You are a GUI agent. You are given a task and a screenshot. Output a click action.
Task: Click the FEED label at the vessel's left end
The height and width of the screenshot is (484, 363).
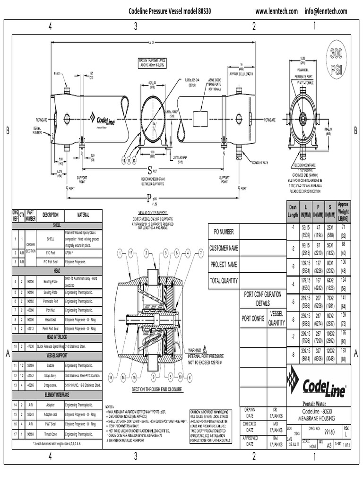click(x=57, y=73)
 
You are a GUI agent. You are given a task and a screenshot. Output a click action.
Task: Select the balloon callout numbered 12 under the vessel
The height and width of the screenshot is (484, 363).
click(x=123, y=161)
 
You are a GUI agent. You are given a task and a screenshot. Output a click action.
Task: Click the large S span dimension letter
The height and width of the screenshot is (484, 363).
click(x=150, y=170)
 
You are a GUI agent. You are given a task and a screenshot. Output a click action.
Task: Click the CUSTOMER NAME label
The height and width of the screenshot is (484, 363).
click(x=224, y=248)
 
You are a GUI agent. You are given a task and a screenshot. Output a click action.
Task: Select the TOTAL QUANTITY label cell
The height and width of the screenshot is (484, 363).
click(x=224, y=281)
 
